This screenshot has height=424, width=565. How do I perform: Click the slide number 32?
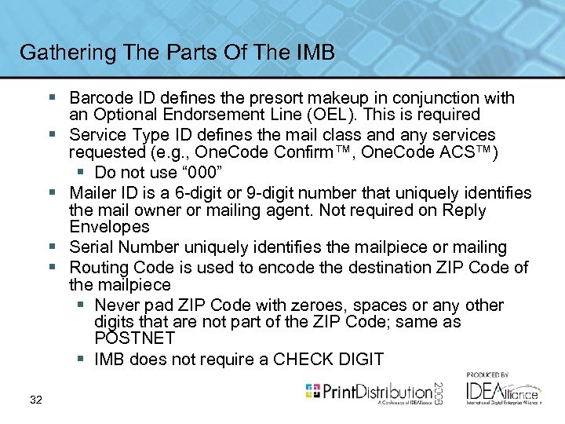tap(36, 401)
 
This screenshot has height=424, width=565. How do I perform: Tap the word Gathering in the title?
tap(62, 53)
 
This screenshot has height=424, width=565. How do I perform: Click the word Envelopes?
tap(109, 227)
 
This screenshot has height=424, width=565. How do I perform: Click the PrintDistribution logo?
tap(368, 390)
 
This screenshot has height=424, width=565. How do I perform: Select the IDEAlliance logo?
tap(502, 391)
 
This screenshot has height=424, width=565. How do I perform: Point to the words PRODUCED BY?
tap(488, 375)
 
